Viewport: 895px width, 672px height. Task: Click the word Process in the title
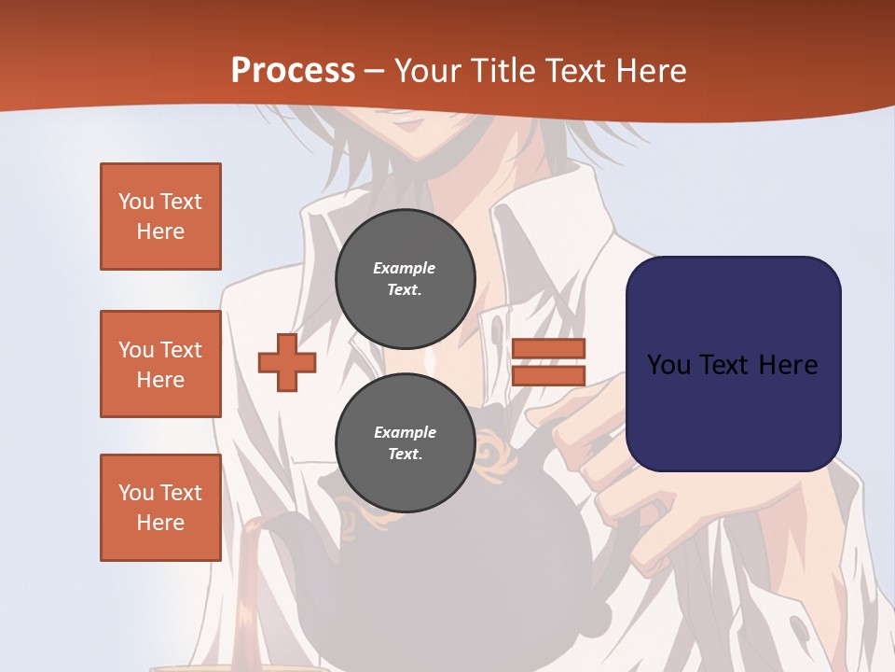(293, 71)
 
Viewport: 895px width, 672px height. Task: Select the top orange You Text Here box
(160, 217)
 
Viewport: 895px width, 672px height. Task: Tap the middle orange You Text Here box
(160, 364)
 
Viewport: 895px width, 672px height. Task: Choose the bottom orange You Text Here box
(160, 508)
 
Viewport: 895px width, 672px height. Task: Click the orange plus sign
(286, 362)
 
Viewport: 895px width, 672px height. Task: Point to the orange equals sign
(548, 362)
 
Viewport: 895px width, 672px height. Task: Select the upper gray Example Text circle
(405, 278)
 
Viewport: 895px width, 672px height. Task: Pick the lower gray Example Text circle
(405, 442)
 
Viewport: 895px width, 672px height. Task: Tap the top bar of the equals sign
(548, 349)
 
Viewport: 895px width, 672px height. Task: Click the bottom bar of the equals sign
(548, 375)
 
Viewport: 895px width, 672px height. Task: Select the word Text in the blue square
(730, 365)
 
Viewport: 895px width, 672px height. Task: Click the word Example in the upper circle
(405, 268)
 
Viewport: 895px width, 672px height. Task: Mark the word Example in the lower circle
(405, 432)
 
